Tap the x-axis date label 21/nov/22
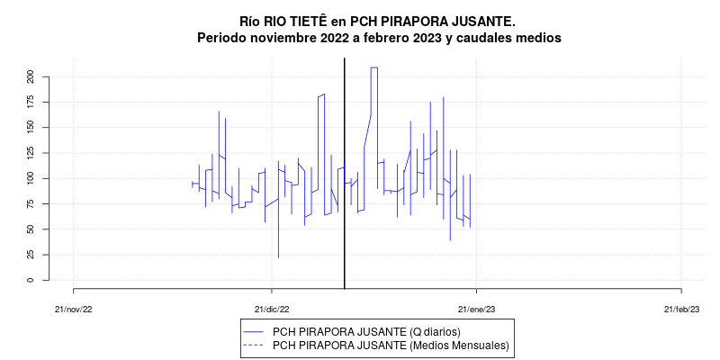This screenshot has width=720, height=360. coord(73,309)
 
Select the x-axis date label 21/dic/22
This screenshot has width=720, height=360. coord(271,309)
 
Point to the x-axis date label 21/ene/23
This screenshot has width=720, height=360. coord(476,309)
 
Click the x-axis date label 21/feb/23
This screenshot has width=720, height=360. coord(681,309)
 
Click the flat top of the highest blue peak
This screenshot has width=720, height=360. coord(373,67)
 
